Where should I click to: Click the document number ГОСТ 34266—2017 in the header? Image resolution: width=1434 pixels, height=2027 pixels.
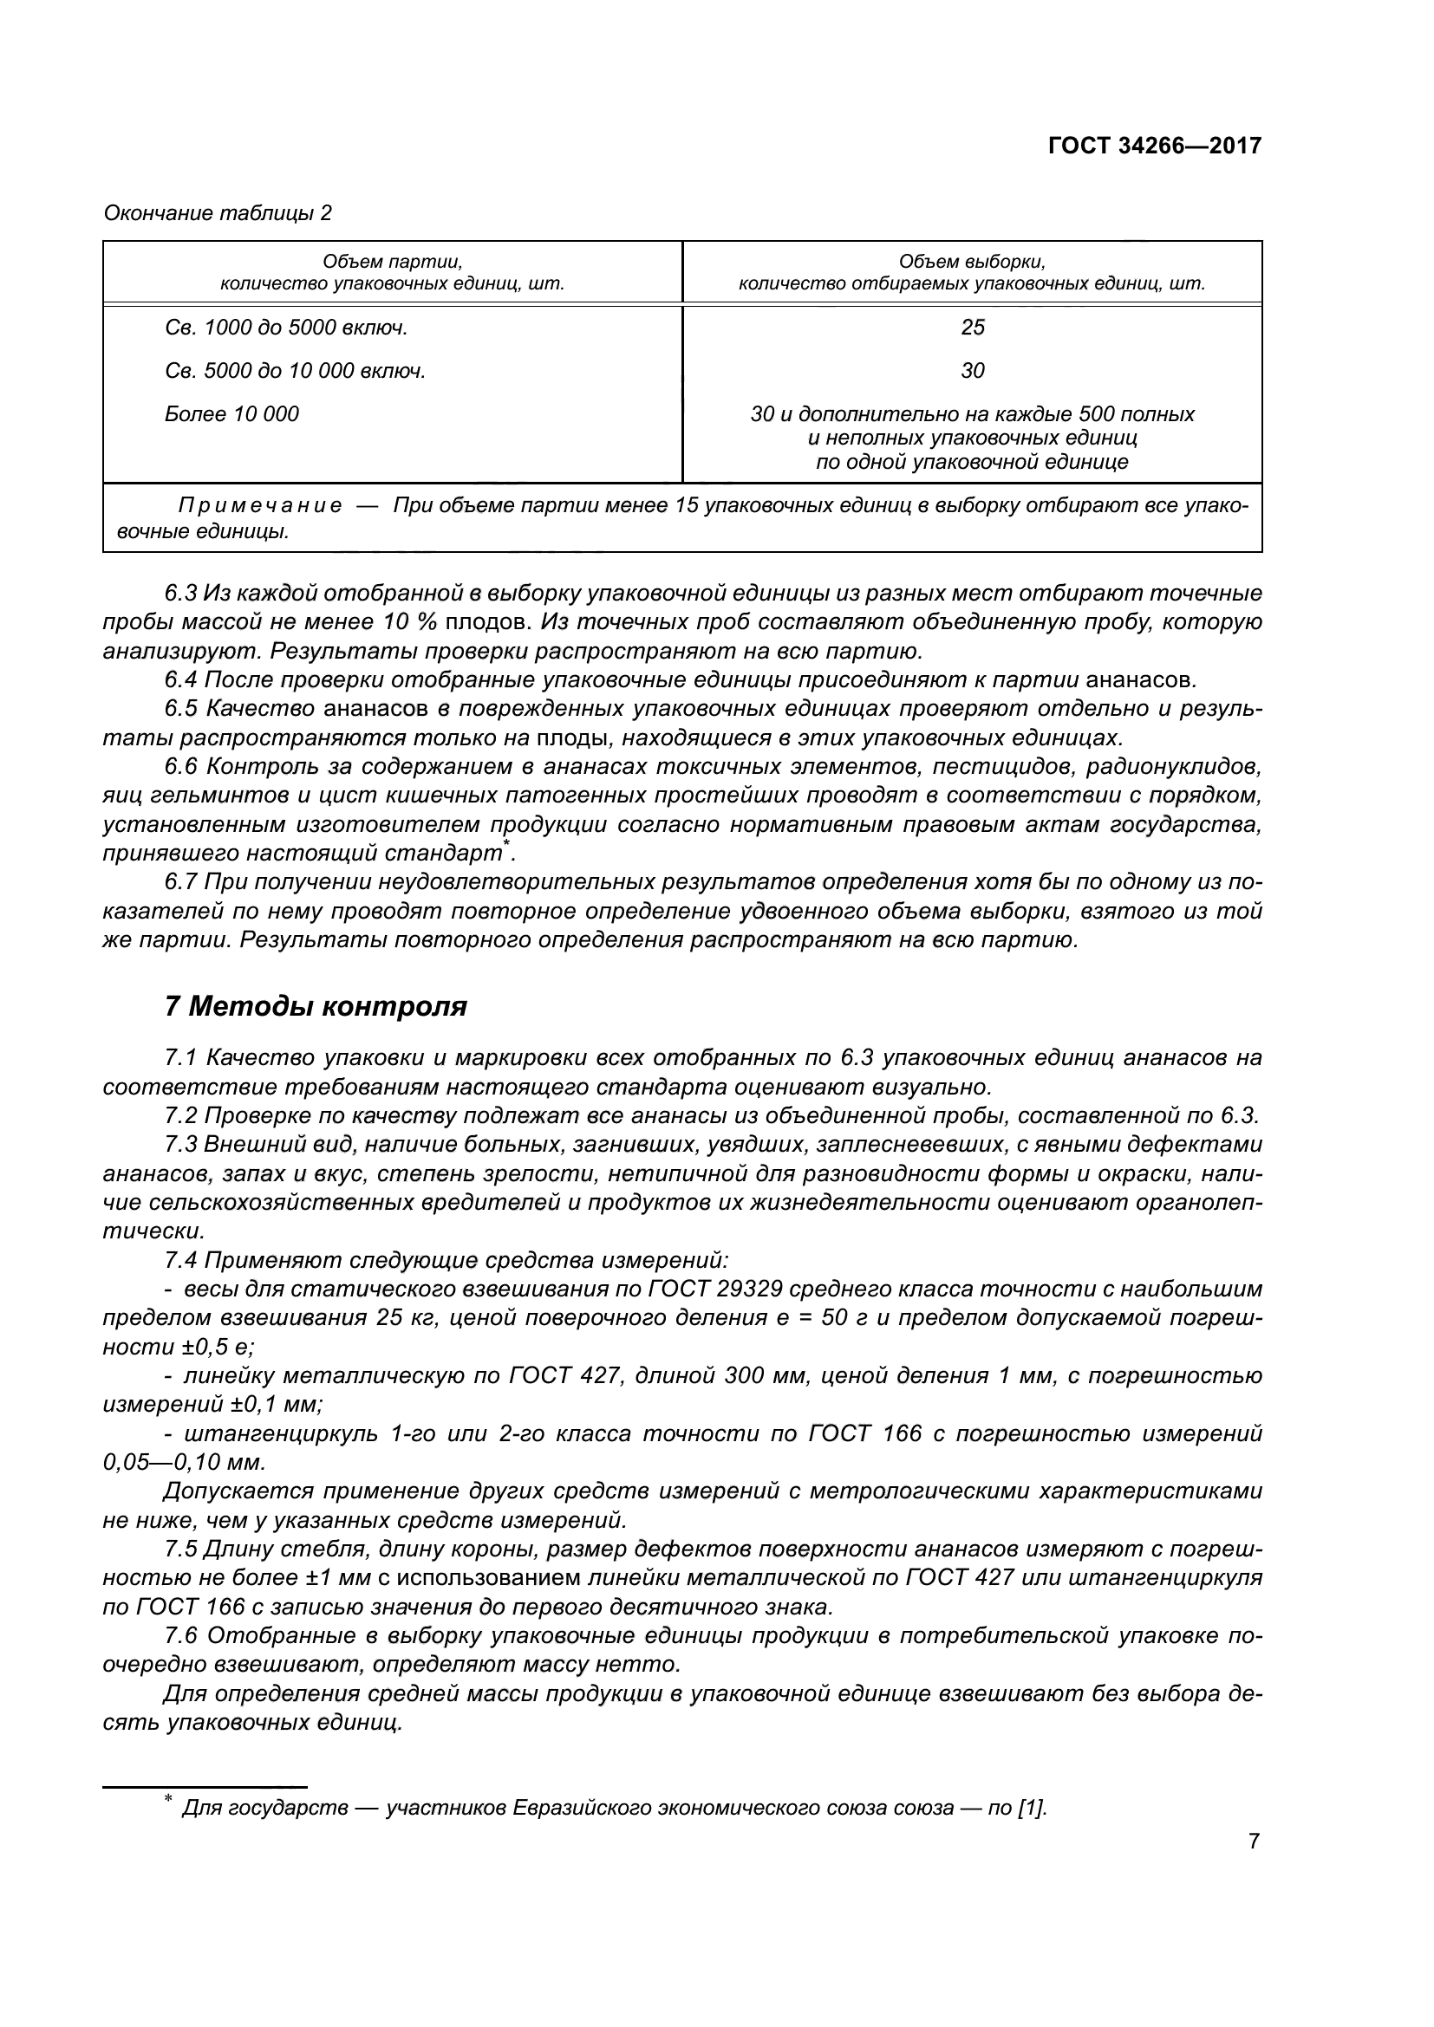click(1154, 146)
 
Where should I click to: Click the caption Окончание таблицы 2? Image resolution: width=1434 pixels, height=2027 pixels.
click(218, 213)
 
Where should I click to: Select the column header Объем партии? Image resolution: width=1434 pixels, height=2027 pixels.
click(392, 262)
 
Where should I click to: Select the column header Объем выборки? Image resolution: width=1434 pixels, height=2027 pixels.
click(971, 262)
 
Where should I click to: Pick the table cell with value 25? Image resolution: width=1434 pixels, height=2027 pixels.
click(972, 328)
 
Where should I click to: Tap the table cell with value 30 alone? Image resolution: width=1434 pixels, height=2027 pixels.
click(972, 371)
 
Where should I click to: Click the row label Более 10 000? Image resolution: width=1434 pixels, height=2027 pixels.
click(232, 414)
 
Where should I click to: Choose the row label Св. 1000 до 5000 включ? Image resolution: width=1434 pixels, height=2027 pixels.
click(286, 328)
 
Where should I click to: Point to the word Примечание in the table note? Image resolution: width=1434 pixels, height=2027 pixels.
click(259, 506)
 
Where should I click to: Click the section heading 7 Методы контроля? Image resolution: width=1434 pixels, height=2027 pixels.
click(316, 1005)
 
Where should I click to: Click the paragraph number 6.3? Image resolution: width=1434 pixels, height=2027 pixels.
click(181, 593)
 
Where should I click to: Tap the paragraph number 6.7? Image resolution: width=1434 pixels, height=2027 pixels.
click(181, 882)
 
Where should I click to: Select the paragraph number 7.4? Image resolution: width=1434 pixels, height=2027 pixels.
click(181, 1260)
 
